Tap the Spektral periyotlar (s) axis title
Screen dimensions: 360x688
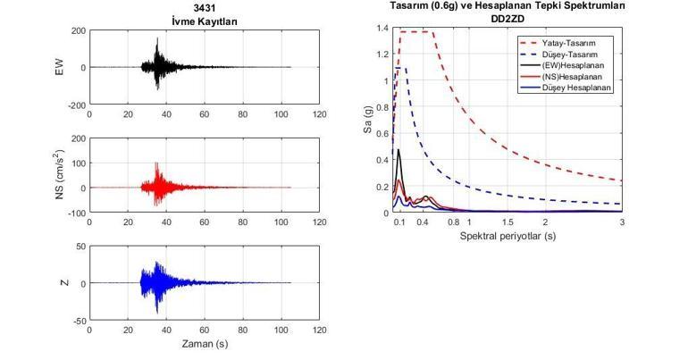click(508, 237)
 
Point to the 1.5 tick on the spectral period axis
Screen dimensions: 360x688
click(508, 222)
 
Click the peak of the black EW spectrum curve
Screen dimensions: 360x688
click(399, 150)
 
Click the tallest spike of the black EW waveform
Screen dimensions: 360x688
click(156, 39)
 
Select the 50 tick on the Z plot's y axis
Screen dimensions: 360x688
click(80, 247)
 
